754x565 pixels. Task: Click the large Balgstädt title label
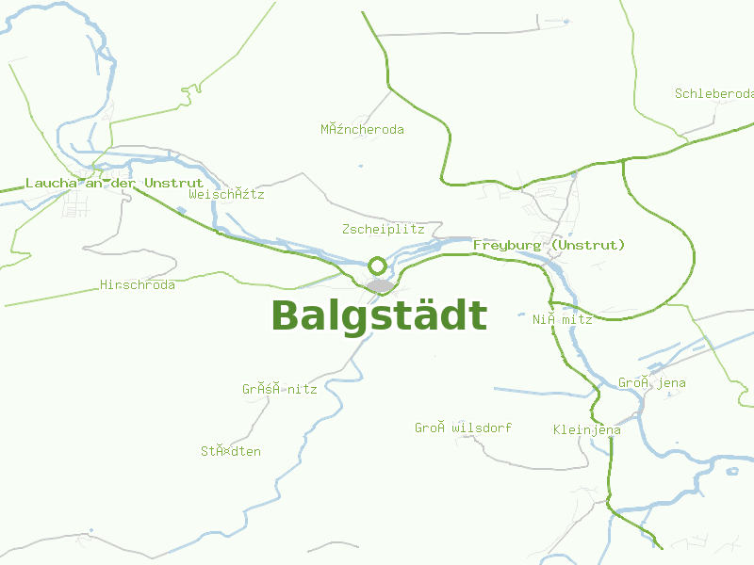(x=379, y=315)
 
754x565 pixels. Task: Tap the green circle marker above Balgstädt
(x=377, y=266)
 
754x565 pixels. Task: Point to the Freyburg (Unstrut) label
(x=549, y=245)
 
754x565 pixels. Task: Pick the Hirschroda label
(x=138, y=284)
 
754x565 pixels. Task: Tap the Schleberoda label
(x=714, y=93)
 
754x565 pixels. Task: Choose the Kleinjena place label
(x=586, y=429)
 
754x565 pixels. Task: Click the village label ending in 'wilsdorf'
(x=463, y=428)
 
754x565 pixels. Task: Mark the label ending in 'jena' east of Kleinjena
(x=651, y=382)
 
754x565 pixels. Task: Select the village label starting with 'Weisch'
(x=226, y=194)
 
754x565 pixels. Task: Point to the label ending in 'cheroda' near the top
(x=362, y=129)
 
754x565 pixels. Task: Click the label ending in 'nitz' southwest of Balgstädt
(x=279, y=388)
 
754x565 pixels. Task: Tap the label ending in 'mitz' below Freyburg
(x=562, y=319)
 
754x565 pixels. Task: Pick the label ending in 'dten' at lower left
(x=230, y=451)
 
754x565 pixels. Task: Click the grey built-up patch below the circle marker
(x=381, y=285)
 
